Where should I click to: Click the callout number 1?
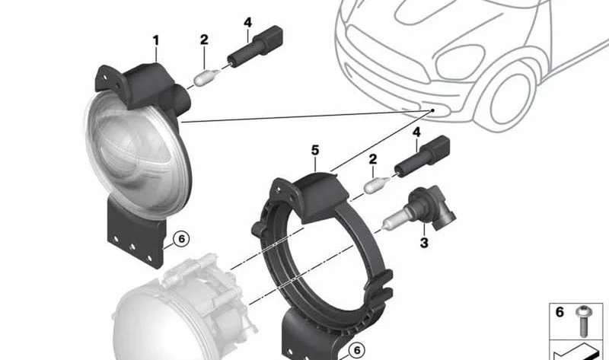point(156,41)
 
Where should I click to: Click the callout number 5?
point(315,150)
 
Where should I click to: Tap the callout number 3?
point(424,243)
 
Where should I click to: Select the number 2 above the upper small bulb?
point(204,40)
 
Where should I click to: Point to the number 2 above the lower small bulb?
point(373,159)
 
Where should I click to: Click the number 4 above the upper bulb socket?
point(248,23)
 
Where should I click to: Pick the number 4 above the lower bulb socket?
point(416,132)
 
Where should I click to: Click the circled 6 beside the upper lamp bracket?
point(181,238)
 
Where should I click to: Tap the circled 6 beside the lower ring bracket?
point(356,350)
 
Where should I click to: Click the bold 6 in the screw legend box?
point(560,312)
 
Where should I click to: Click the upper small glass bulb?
point(206,78)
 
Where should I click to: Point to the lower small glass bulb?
point(377,184)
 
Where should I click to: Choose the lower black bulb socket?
point(422,157)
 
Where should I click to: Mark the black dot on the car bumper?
point(432,110)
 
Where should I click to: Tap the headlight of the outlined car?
point(460,62)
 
